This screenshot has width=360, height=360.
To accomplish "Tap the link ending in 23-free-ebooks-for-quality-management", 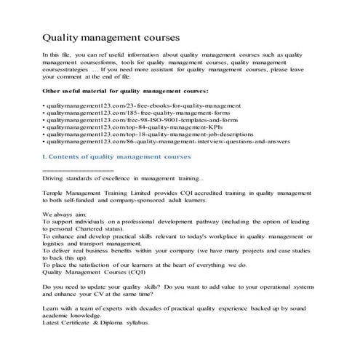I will [x=137, y=106].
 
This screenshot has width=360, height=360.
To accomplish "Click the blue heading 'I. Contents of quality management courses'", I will [x=116, y=157].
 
